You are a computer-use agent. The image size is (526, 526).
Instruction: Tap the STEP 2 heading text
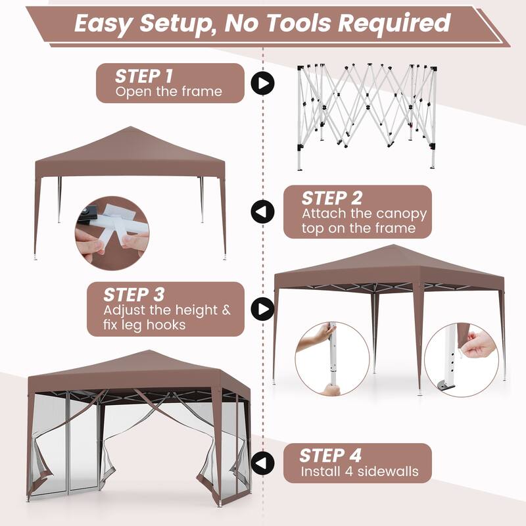pyautogui.click(x=331, y=198)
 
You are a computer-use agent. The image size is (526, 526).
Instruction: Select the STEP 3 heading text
pyautogui.click(x=134, y=294)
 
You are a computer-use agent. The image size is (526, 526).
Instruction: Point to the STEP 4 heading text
pyautogui.click(x=330, y=456)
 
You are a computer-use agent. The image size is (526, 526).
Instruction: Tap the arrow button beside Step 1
pyautogui.click(x=263, y=84)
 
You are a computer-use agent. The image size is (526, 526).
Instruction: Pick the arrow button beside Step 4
pyautogui.click(x=263, y=463)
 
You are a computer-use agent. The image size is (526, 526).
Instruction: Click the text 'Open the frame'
pyautogui.click(x=169, y=91)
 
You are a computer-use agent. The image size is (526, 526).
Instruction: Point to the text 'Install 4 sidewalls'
pyautogui.click(x=360, y=471)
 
